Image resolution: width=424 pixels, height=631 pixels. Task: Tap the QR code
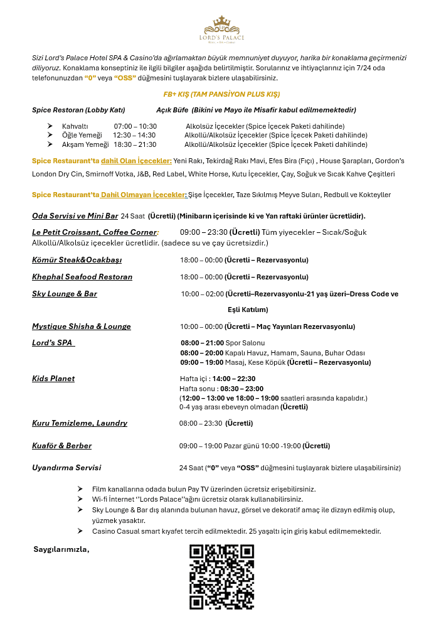pyautogui.click(x=221, y=577)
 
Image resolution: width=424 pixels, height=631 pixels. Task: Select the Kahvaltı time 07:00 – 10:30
pyautogui.click(x=135, y=126)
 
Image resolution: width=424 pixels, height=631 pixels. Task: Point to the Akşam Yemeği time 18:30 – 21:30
pyautogui.click(x=135, y=144)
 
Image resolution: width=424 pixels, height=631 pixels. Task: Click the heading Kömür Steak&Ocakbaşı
pyautogui.click(x=77, y=260)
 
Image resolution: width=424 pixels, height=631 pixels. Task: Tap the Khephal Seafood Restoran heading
pyautogui.click(x=82, y=277)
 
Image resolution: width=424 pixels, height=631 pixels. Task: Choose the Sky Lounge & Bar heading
pyautogui.click(x=65, y=294)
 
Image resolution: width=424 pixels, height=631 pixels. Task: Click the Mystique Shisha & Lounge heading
pyautogui.click(x=82, y=326)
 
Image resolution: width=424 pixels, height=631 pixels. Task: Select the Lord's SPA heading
pyautogui.click(x=53, y=343)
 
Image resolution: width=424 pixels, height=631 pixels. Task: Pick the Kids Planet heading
pyautogui.click(x=53, y=379)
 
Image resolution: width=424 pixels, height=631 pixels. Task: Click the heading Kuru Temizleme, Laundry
pyautogui.click(x=80, y=423)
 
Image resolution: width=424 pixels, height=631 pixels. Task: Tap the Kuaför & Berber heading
pyautogui.click(x=61, y=446)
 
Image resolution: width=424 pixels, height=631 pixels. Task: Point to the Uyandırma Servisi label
pyautogui.click(x=66, y=468)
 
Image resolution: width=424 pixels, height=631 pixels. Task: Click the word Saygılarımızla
pyautogui.click(x=61, y=549)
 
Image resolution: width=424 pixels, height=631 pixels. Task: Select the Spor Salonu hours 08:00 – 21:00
pyautogui.click(x=202, y=343)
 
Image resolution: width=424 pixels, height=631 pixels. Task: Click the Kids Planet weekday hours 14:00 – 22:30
pyautogui.click(x=234, y=379)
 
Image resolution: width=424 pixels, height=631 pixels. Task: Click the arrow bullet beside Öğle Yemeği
pyautogui.click(x=50, y=135)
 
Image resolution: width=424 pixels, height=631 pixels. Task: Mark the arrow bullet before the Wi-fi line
pyautogui.click(x=80, y=499)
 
